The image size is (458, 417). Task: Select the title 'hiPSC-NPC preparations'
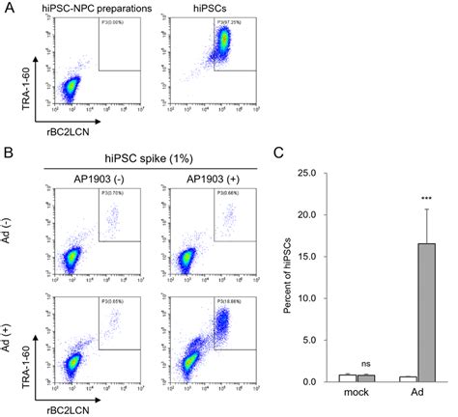[x=95, y=9]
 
